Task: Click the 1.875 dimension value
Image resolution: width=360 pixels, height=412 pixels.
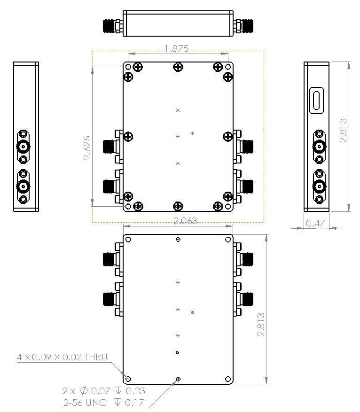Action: [176, 48]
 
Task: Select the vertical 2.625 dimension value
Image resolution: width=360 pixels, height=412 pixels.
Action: [87, 148]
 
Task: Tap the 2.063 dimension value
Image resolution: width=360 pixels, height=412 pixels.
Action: [185, 221]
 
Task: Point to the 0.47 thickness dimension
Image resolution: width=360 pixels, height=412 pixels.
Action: [315, 224]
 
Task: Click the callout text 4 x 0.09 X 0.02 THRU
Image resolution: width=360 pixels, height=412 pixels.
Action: [62, 357]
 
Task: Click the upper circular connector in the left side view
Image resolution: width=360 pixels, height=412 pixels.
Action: [23, 147]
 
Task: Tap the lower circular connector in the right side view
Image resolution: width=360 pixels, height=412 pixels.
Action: [320, 187]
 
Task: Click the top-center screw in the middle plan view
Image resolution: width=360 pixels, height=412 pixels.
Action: [178, 67]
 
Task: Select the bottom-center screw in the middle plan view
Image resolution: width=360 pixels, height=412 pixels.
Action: [178, 206]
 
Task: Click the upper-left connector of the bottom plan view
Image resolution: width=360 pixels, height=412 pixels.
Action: [112, 259]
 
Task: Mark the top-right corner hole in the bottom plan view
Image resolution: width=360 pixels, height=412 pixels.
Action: [228, 240]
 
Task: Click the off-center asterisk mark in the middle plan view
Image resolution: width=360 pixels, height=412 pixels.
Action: [192, 133]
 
